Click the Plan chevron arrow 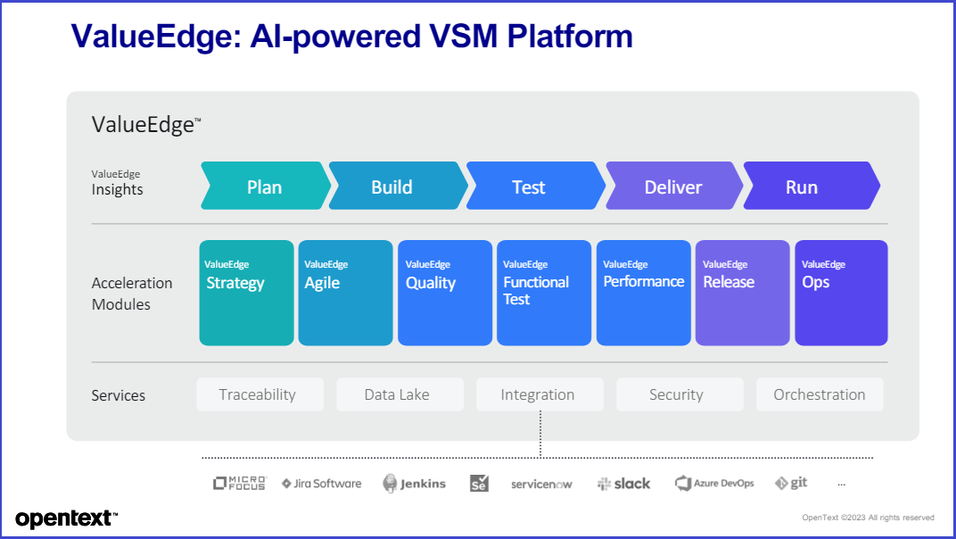(266, 186)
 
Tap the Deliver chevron (674, 186)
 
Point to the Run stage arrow (812, 186)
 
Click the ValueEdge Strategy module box (246, 293)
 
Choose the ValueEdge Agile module (346, 293)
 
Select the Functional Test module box (544, 293)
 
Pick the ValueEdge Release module (743, 293)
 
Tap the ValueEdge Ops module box (841, 293)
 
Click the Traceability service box (260, 394)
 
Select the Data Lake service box (400, 394)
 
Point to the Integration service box (540, 394)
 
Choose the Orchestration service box (820, 394)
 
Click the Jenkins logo (414, 484)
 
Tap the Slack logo (623, 484)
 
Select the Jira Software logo (321, 484)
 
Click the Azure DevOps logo (714, 484)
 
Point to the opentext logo (67, 518)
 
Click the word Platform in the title (570, 36)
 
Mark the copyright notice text (869, 518)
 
